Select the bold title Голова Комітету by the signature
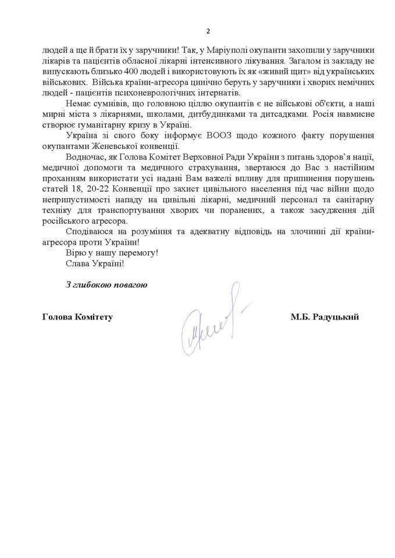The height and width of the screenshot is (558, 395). [x=77, y=317]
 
